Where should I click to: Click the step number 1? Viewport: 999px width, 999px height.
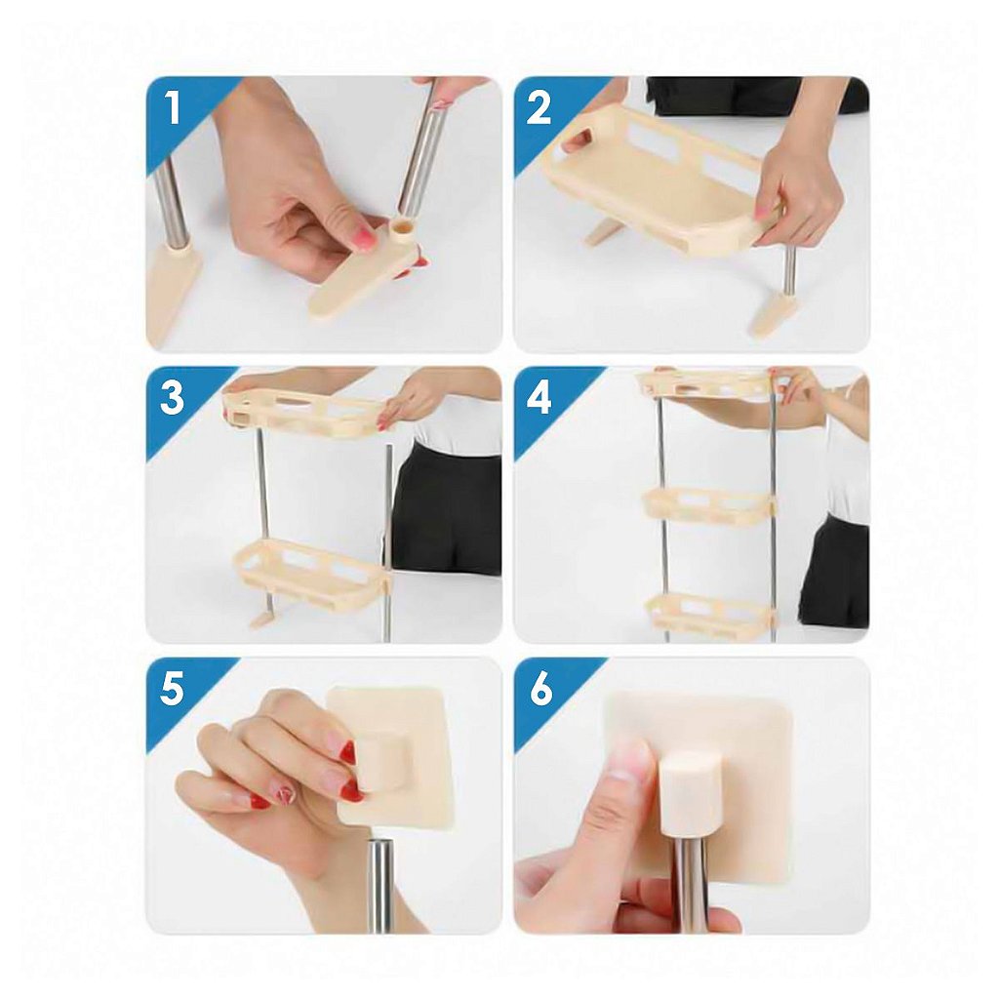click(x=172, y=107)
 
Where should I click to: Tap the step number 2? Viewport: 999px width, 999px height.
click(x=539, y=107)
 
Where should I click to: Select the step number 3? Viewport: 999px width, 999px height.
click(x=172, y=398)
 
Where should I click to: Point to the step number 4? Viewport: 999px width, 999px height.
click(x=539, y=398)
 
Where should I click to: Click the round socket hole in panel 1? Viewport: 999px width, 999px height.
click(x=403, y=225)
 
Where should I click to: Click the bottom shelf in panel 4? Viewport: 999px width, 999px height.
click(x=711, y=612)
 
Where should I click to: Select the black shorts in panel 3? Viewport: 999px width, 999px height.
click(x=446, y=508)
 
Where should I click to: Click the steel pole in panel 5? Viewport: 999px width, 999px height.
click(x=381, y=886)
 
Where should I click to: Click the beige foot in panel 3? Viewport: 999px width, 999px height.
click(x=263, y=618)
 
